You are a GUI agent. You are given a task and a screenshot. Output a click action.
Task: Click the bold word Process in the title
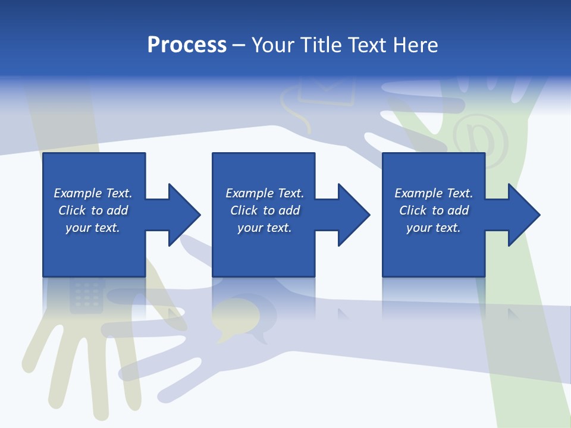[187, 45]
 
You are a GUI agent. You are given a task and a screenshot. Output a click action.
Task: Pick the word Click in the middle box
[243, 210]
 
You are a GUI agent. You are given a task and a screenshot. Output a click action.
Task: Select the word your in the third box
[419, 228]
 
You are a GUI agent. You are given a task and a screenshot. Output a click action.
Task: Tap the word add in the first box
[117, 210]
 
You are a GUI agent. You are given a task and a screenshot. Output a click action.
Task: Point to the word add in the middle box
[289, 210]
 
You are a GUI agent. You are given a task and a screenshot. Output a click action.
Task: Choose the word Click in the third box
[412, 210]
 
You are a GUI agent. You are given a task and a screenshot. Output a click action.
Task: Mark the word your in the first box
[79, 228]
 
